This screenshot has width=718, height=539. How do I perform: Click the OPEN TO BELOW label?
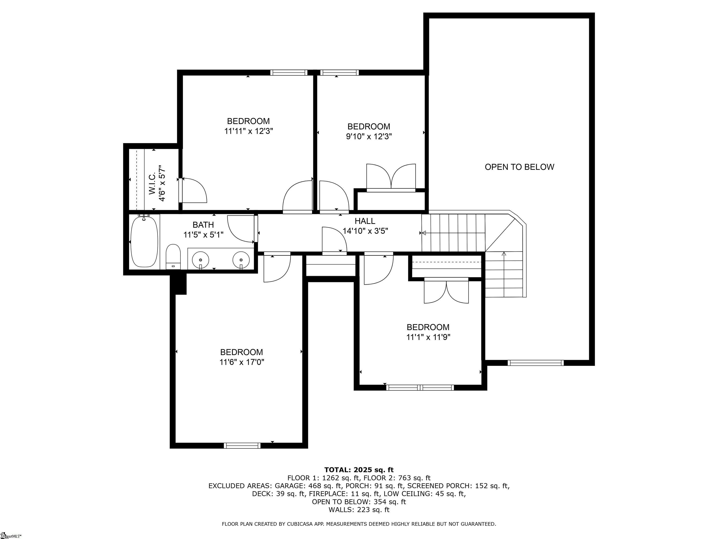519,167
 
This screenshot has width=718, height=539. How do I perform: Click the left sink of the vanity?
200,260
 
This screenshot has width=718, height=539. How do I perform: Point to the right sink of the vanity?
241,260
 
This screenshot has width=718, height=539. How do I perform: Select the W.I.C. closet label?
157,184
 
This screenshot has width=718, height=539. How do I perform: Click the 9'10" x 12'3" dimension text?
369,136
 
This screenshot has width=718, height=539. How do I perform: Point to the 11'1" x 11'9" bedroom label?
428,332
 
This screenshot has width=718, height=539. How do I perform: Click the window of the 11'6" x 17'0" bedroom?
242,445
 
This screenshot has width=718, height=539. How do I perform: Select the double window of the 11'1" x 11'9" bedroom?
420,387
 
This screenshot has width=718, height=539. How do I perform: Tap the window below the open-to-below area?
536,363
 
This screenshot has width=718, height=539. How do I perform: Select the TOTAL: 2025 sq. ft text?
359,470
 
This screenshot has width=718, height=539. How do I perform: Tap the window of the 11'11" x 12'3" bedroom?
289,73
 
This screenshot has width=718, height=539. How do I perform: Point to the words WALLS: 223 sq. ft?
359,510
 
